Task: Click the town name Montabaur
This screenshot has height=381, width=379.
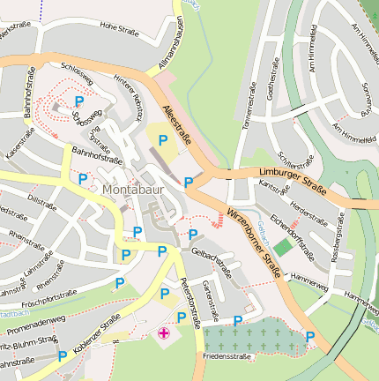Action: [132, 189]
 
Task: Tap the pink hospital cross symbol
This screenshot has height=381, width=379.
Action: [164, 333]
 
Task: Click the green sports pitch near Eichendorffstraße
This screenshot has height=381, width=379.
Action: [282, 248]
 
